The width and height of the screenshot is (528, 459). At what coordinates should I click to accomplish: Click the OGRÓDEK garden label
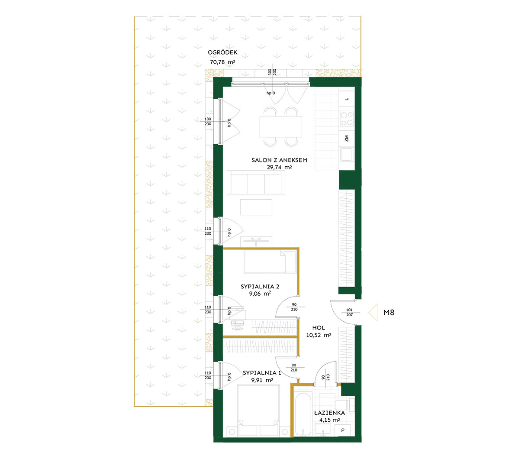(222, 52)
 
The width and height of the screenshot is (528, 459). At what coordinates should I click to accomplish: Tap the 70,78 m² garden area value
(222, 62)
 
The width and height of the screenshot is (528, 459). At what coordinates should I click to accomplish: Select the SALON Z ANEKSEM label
(279, 160)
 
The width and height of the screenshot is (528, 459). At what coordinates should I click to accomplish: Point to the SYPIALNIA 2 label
(260, 287)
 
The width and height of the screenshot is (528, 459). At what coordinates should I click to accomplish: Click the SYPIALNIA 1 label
(262, 373)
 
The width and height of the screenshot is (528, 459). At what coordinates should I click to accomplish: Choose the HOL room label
(319, 328)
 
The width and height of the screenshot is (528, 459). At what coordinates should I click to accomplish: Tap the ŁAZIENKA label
(329, 413)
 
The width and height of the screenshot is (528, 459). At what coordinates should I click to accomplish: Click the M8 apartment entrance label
(389, 313)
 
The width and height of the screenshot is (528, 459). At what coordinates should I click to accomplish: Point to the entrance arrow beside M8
(373, 312)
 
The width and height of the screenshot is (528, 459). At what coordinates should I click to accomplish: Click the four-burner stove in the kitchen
(347, 119)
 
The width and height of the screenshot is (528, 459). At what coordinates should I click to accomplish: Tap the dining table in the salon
(281, 126)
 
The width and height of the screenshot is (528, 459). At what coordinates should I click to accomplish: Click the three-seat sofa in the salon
(256, 182)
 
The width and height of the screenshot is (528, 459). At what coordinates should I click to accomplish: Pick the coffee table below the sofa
(256, 207)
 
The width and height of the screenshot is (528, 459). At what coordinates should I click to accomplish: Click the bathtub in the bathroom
(303, 414)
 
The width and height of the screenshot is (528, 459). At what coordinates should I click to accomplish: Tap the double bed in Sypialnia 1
(258, 411)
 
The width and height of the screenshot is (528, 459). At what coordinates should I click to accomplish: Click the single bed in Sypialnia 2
(270, 262)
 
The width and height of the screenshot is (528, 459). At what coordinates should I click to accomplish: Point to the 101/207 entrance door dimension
(349, 312)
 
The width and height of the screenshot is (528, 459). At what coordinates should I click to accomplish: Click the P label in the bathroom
(343, 430)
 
